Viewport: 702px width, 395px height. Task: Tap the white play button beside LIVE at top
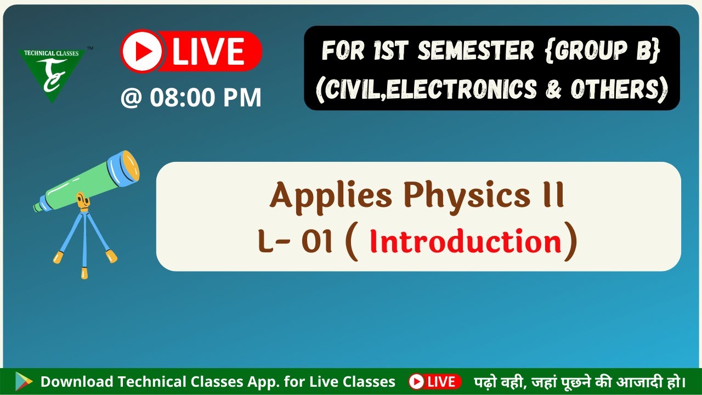(142, 51)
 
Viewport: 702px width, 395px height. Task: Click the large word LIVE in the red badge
(208, 51)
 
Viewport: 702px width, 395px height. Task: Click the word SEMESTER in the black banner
(476, 51)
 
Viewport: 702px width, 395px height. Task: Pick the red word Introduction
(466, 241)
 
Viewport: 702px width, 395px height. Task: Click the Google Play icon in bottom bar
(24, 381)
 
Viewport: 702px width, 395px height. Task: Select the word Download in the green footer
(77, 381)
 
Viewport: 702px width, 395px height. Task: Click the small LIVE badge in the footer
(435, 381)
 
